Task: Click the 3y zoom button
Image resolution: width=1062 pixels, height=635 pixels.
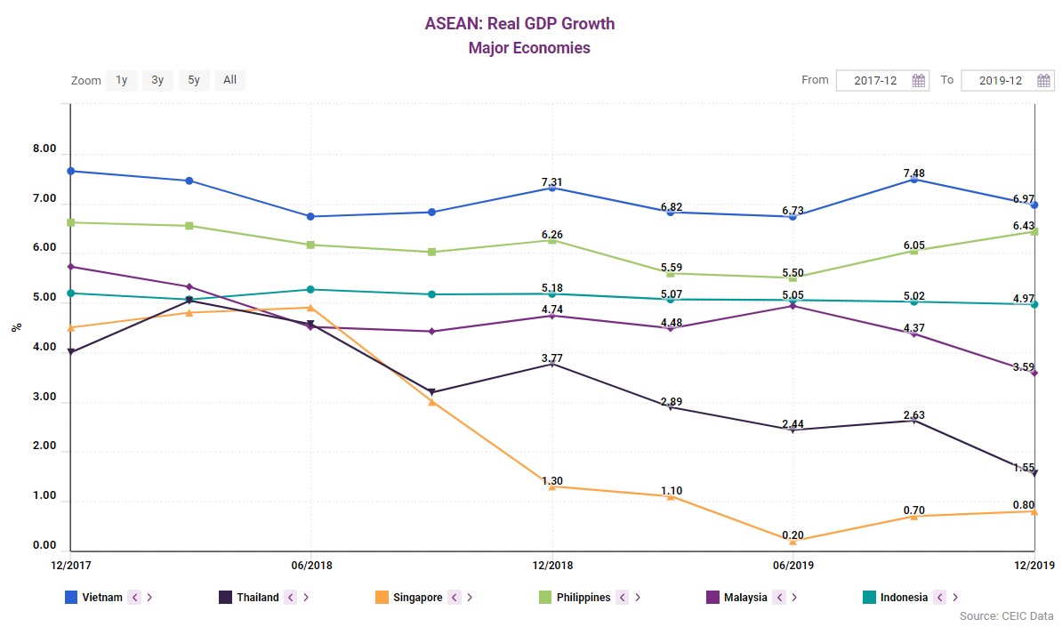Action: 157,80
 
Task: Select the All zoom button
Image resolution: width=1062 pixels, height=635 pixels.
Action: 229,80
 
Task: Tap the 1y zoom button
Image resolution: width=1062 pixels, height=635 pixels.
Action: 122,80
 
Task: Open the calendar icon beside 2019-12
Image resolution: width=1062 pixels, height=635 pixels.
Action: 1044,81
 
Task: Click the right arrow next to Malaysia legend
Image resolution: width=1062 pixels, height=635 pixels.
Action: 793,598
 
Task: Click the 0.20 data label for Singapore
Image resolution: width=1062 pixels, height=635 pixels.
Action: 792,535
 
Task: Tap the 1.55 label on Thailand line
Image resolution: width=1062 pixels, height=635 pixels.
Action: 1023,466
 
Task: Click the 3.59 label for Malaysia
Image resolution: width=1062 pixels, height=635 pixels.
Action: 1023,366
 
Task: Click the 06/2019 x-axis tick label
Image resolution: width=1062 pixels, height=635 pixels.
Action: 792,565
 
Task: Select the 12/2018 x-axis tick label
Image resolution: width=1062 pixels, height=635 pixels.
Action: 552,565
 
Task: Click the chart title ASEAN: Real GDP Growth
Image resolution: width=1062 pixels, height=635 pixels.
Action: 519,23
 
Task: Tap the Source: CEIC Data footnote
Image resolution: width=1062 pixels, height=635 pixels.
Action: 1006,616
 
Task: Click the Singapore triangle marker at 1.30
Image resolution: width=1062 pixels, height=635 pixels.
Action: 552,486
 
